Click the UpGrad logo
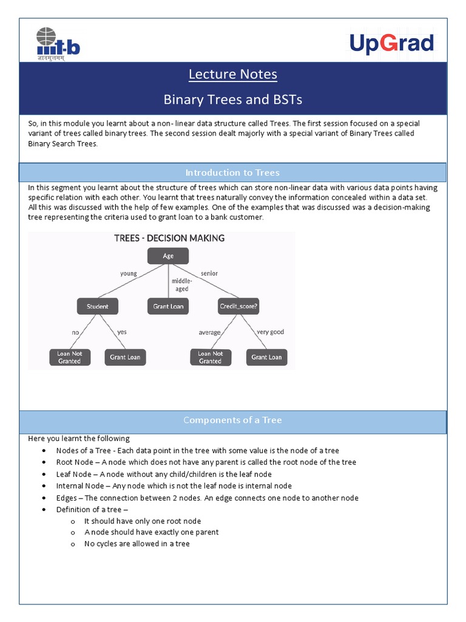[391, 44]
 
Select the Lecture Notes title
[233, 74]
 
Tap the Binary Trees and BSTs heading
[233, 99]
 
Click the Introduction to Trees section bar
[233, 173]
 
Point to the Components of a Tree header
[233, 420]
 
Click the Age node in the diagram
[168, 256]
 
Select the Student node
[97, 307]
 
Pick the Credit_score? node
[238, 307]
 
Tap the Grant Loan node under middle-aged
[168, 307]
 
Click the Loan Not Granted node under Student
[69, 357]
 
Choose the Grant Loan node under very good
[267, 357]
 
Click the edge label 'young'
[129, 273]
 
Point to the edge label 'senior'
[209, 273]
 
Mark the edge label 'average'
[209, 332]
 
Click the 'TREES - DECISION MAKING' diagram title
[169, 238]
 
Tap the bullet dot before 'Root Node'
[44, 462]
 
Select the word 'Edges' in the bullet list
[67, 497]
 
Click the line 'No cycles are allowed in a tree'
[137, 544]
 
